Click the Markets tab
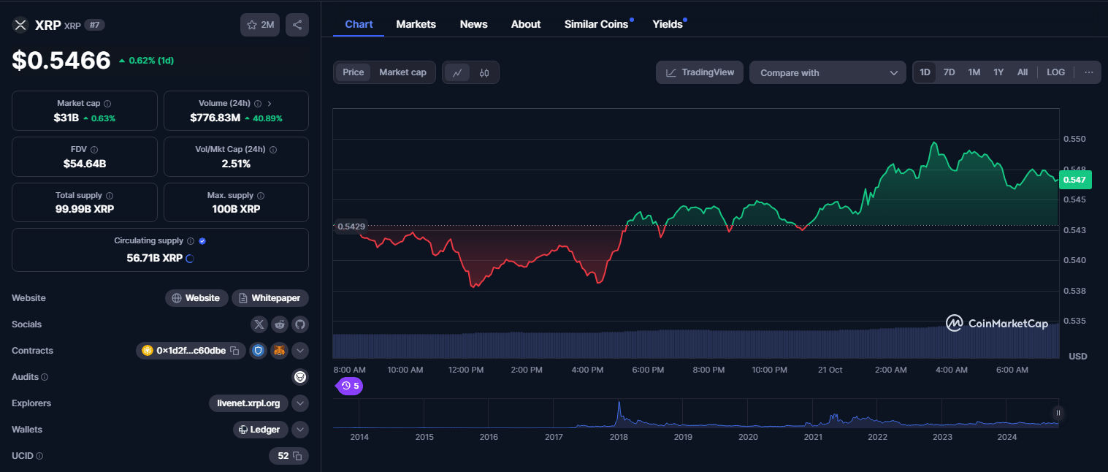coord(416,24)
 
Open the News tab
coord(473,24)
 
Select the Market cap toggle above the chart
coord(402,72)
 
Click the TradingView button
coord(700,72)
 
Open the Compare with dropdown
coord(828,73)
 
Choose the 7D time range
coord(949,72)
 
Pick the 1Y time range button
coord(998,72)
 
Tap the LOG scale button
coord(1055,72)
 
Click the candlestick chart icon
coord(484,73)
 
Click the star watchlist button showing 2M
coord(260,25)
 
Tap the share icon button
coord(297,25)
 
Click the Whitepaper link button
coord(270,298)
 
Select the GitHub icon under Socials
coord(299,324)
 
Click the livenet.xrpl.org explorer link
coord(248,403)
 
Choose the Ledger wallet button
coord(260,430)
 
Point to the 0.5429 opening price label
coord(351,227)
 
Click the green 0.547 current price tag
coord(1075,180)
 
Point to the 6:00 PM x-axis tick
coord(647,370)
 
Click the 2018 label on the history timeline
coord(619,437)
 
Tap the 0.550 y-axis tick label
coord(1074,139)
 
